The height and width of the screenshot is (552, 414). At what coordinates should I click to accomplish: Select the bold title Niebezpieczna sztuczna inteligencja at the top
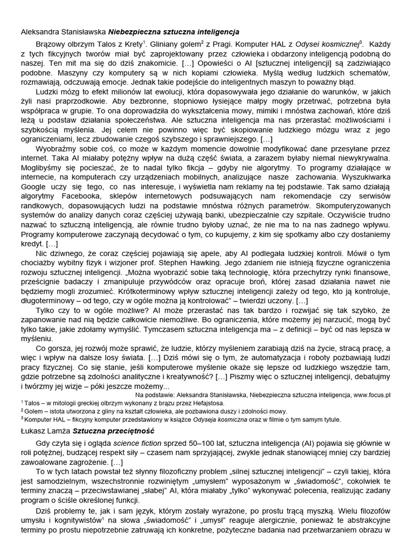click(x=174, y=32)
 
